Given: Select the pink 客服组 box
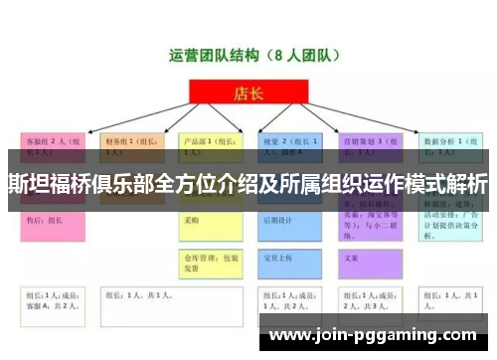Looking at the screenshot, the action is [x=50, y=148].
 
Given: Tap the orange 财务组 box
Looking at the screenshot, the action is [x=129, y=148].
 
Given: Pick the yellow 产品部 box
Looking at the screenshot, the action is [x=210, y=148].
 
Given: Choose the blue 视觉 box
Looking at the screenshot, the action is [x=288, y=148].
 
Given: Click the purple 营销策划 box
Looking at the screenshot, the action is [x=368, y=148].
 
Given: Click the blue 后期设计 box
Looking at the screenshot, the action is [x=288, y=222].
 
